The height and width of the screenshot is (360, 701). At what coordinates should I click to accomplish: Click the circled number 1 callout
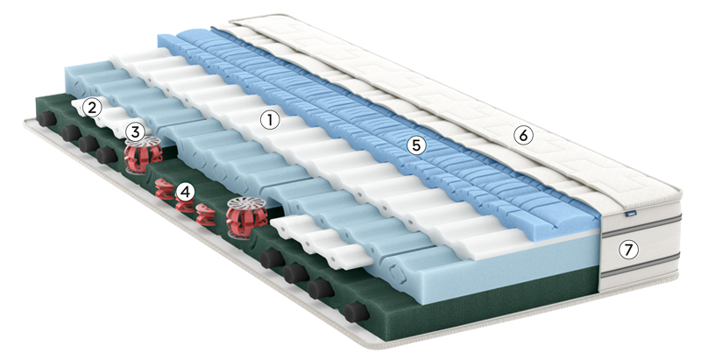pyautogui.click(x=270, y=120)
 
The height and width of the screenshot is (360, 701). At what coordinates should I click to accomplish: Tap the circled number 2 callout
pyautogui.click(x=92, y=108)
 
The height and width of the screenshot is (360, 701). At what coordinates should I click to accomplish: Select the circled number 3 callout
pyautogui.click(x=135, y=131)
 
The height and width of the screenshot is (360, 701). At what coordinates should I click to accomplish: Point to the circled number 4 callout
pyautogui.click(x=186, y=193)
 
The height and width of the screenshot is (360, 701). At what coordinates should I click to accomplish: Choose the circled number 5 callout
pyautogui.click(x=417, y=145)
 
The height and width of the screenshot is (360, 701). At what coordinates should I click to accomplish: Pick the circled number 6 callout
pyautogui.click(x=523, y=135)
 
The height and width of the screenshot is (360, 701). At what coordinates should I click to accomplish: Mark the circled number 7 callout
pyautogui.click(x=628, y=251)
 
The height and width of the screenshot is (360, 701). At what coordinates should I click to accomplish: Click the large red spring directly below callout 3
pyautogui.click(x=143, y=155)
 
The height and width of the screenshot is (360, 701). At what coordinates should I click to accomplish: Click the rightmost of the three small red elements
pyautogui.click(x=205, y=214)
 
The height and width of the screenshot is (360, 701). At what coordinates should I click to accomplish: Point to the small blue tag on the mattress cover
pyautogui.click(x=627, y=215)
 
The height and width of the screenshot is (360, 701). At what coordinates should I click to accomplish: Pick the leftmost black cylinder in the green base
pyautogui.click(x=47, y=119)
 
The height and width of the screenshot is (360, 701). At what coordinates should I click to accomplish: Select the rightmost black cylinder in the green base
pyautogui.click(x=357, y=311)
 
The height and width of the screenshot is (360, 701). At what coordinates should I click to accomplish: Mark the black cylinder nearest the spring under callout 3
pyautogui.click(x=106, y=155)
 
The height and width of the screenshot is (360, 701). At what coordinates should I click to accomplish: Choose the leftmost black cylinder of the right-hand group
pyautogui.click(x=273, y=258)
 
